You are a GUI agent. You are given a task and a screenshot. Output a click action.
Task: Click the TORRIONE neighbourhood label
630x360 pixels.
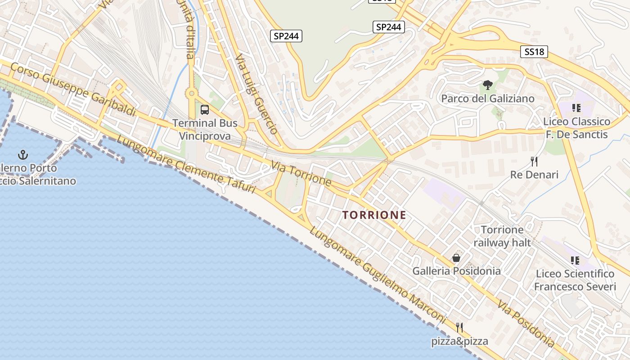[x=374, y=215]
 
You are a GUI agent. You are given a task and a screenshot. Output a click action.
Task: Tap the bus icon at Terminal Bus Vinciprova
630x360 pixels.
[x=205, y=109]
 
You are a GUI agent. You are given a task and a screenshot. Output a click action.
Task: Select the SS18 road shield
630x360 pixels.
[x=535, y=52]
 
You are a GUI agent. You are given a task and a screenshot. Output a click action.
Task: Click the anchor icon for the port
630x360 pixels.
[x=22, y=155]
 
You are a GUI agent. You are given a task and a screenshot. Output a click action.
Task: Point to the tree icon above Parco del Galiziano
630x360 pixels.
[x=487, y=85]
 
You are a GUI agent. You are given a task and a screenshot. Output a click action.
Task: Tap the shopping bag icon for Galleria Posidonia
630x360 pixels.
[x=456, y=258]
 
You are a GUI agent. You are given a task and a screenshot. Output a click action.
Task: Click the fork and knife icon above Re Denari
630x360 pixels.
[x=534, y=161]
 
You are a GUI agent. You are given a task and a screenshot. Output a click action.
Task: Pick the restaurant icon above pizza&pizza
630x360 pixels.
[x=459, y=327]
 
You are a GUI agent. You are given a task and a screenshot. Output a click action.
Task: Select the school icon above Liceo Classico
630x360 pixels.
[x=576, y=108]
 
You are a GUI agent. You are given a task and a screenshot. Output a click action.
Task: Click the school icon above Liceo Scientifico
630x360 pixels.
[x=575, y=260]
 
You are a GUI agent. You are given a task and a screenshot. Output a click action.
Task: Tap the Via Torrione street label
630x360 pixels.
[x=301, y=173]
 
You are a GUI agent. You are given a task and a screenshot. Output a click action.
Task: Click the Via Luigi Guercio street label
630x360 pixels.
[x=256, y=94]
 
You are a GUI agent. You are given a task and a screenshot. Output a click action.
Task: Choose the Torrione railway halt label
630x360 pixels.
[x=502, y=236]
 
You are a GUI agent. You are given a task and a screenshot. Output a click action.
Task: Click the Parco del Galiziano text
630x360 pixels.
[x=488, y=99]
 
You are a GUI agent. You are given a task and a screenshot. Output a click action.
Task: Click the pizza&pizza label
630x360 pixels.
[x=459, y=341]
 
